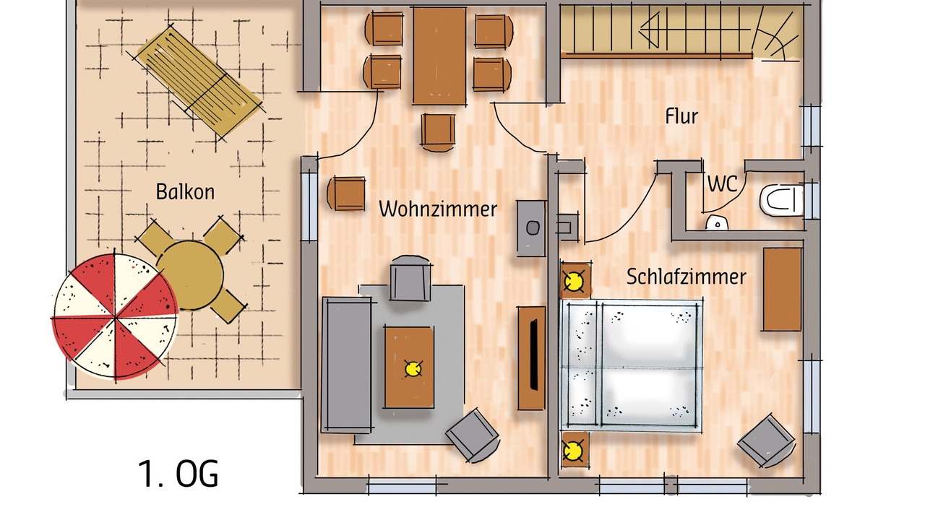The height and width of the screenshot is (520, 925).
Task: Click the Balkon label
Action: pos(185,192)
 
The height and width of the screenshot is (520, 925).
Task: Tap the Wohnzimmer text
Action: pos(438,209)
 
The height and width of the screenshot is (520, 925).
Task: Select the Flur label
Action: pos(681,116)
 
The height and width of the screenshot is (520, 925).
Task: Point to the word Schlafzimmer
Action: pos(686,277)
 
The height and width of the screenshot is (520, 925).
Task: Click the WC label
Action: pos(722,184)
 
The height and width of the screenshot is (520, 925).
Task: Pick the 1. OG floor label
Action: pos(178,474)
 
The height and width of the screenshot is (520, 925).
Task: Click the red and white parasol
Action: pos(115,316)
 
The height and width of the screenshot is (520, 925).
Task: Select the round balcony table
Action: pos(190,275)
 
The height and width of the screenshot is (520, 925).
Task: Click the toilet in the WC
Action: pos(782,201)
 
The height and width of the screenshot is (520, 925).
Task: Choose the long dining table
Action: pos(439,56)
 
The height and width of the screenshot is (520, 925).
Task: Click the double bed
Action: pos(631,366)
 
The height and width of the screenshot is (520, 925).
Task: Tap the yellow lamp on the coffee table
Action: pos(413,368)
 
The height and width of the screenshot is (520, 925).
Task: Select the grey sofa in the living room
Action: pos(347,365)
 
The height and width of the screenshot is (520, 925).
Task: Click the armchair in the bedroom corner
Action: pos(767,441)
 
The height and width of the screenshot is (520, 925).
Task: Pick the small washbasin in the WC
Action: pos(717,223)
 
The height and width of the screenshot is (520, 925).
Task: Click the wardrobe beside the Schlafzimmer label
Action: pos(782,290)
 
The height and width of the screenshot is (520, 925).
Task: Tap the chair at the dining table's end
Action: pos(438,132)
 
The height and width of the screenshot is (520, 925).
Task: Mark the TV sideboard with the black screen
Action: pos(531,357)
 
